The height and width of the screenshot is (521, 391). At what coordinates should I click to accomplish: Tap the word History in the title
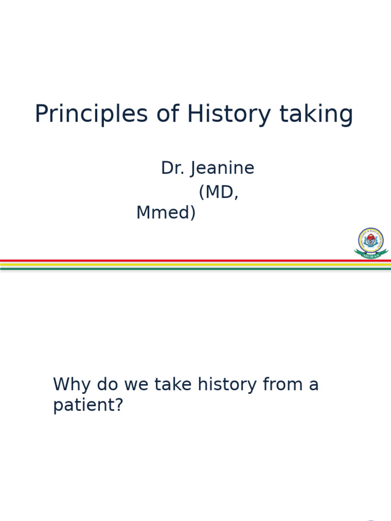pos(229,114)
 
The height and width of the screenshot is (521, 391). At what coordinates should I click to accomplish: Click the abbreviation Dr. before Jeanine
pos(173,168)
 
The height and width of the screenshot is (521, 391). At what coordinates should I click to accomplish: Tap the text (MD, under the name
pos(218,192)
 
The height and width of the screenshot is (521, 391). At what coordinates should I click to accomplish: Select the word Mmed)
pos(165,213)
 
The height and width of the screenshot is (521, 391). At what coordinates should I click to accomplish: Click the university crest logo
pos(371,240)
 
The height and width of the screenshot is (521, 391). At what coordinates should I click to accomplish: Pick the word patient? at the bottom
pos(88,406)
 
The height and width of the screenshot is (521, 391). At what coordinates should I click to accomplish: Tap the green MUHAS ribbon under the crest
pos(371,254)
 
